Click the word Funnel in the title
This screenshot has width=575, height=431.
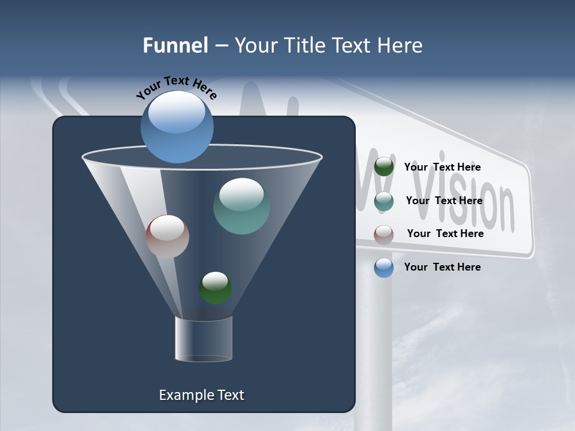tap(175, 45)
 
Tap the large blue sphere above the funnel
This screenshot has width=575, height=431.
tap(177, 127)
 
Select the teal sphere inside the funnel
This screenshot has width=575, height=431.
tap(242, 206)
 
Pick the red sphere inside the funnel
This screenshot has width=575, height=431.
tap(168, 236)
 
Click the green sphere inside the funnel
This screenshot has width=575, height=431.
tap(216, 288)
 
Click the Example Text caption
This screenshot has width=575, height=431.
tap(202, 395)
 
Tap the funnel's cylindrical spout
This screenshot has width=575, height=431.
tap(204, 339)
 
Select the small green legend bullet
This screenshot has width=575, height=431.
tap(384, 167)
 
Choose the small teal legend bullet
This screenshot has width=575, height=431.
tap(384, 201)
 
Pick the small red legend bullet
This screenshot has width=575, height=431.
tap(384, 235)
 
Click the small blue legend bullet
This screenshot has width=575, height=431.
tap(384, 268)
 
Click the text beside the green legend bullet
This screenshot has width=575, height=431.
tap(442, 168)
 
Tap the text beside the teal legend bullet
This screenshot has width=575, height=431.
tap(444, 201)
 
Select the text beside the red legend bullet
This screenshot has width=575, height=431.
tap(445, 233)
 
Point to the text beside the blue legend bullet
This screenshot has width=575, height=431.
tap(442, 267)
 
